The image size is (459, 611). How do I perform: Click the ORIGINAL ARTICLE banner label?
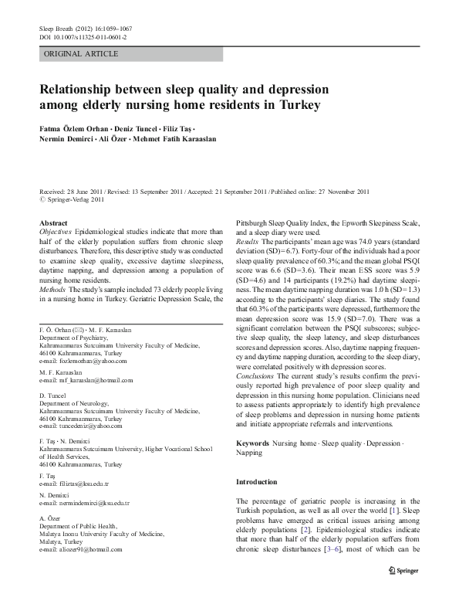81,54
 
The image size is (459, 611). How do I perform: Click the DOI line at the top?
83,37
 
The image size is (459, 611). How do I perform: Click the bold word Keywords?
253,443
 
